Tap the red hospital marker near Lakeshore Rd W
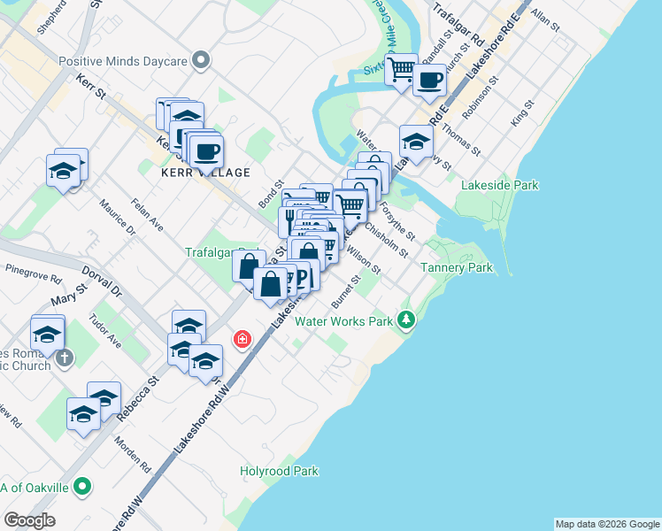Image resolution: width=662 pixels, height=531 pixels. coord(240,339)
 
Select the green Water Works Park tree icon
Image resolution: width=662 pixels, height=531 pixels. coord(406,319)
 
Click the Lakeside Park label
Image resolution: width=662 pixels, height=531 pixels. coord(500,185)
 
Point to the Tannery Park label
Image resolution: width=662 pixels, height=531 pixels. coord(456,267)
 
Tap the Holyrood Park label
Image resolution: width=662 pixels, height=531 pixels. coord(279,471)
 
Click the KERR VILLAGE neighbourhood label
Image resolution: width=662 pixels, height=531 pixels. coord(205,173)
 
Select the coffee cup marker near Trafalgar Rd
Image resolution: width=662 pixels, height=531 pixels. coord(430,81)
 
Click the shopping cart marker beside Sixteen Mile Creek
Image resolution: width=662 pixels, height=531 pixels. coord(402,68)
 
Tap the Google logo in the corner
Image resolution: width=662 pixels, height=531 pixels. coord(29,520)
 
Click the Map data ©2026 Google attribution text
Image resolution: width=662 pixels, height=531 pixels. coord(606,523)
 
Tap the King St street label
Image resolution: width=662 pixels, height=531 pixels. coord(520,115)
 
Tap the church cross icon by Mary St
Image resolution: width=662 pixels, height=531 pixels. coord(64,358)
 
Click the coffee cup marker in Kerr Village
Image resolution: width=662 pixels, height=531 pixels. coord(206,151)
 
